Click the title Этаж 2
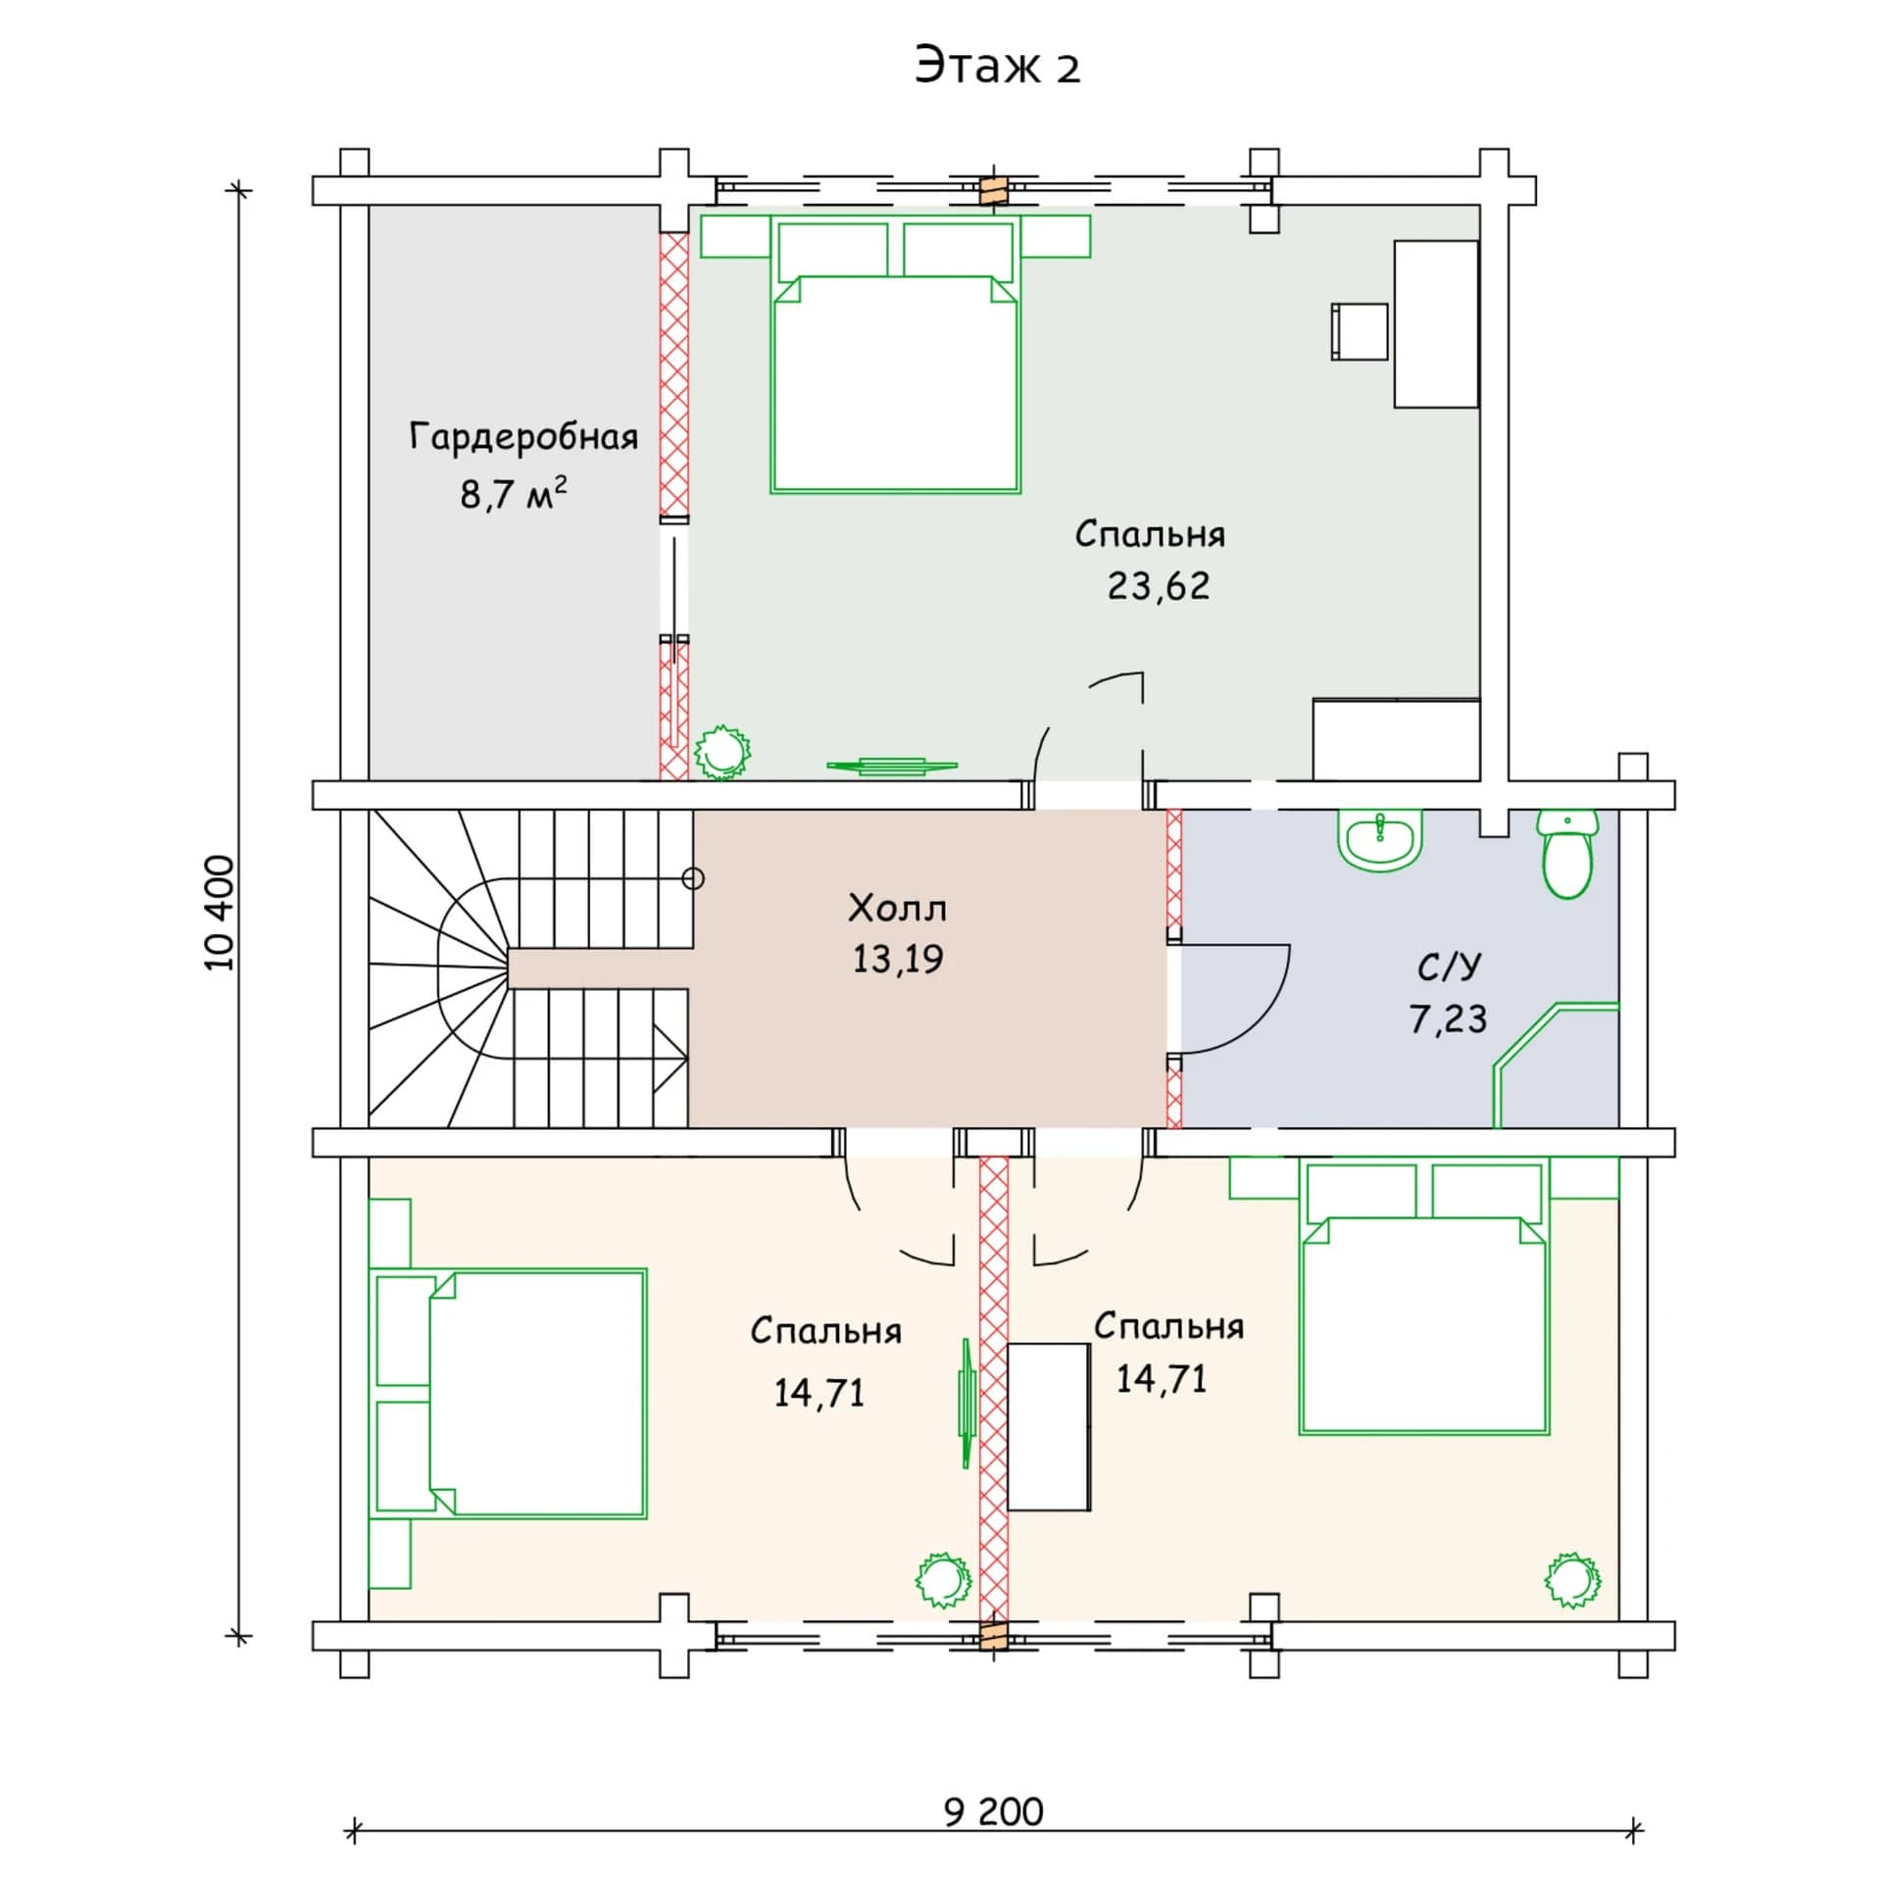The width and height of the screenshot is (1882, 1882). coord(997,66)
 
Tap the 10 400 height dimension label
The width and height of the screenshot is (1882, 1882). coord(221,913)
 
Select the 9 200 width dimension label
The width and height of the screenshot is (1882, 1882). coord(994,1811)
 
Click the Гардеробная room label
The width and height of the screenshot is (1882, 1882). coord(523,437)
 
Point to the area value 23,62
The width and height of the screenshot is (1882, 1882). coord(1159,586)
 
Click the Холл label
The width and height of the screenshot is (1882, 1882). coord(897,909)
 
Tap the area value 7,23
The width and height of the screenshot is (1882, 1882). coord(1448,1019)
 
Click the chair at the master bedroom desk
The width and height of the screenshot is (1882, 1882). coord(1359,331)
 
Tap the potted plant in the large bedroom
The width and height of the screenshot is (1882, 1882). coord(722,753)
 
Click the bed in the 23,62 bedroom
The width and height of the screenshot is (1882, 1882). coord(895,354)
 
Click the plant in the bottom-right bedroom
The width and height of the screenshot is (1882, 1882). coord(1572,1580)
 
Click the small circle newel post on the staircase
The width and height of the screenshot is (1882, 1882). coord(693,878)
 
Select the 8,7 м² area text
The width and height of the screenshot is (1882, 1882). coord(514,493)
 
